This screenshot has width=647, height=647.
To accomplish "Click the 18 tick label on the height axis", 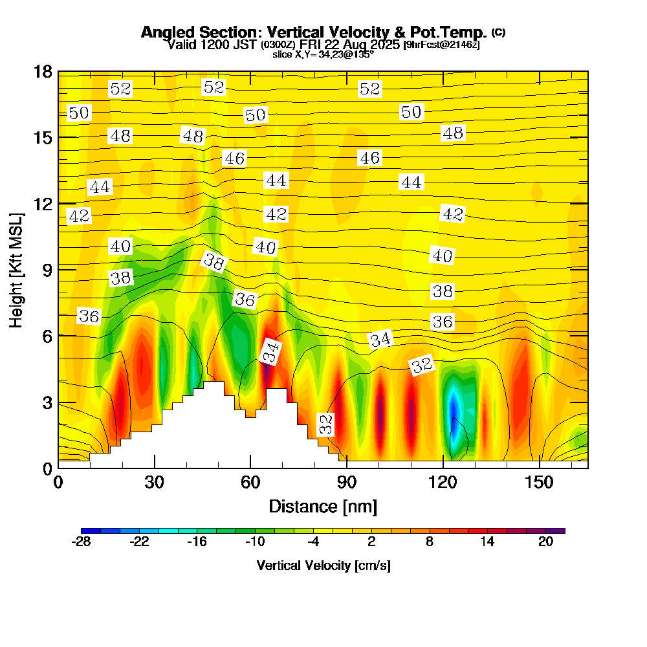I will pos(43,71).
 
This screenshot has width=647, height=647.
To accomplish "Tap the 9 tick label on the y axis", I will pos(47,270).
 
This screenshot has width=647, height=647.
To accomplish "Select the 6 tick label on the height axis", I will pos(47,336).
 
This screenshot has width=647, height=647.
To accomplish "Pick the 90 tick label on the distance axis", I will pos(347,483).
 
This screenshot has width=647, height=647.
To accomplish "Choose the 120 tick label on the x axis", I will pos(443,483).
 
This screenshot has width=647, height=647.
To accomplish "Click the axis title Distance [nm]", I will pos(323,506).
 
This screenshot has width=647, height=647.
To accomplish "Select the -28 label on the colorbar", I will pos(82,542).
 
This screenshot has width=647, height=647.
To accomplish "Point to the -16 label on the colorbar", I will pos(197,542).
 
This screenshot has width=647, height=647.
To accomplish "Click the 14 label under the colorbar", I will pos(487,542).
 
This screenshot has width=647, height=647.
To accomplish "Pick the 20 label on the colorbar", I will pos(545,542).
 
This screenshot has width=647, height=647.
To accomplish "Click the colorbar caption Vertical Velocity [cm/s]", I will pos(323,565).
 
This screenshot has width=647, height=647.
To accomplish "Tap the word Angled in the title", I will pos(163,32).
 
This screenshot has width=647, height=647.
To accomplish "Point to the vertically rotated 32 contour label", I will pos(326,424).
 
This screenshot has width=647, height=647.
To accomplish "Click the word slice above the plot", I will pos(283,54).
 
